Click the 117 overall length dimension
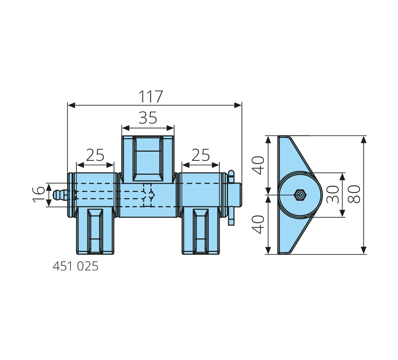point(150,96)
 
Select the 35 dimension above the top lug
point(148,118)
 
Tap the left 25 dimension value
point(95,155)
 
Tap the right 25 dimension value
point(201,155)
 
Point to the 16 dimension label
point(39,194)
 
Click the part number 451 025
point(75,266)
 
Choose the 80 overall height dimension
point(354,194)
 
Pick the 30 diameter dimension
point(333,194)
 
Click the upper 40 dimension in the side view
point(258,165)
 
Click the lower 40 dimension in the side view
point(258,224)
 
